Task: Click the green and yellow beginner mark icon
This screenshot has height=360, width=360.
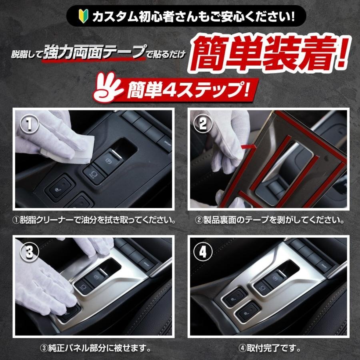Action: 83,16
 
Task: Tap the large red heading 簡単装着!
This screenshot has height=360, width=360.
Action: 269,55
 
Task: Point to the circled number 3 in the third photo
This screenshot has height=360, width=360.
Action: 29,252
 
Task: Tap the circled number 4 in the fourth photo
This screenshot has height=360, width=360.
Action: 203,252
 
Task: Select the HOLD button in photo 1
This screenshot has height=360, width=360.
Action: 93,174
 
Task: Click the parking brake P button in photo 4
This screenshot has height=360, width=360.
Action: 275,279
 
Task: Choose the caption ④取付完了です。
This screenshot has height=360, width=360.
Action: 269,348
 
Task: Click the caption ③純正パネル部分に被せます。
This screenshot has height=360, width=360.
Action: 96,348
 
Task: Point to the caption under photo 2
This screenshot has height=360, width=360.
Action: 270,220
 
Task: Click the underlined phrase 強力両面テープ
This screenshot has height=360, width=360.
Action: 94,53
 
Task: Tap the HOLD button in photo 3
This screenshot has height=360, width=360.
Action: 82,287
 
